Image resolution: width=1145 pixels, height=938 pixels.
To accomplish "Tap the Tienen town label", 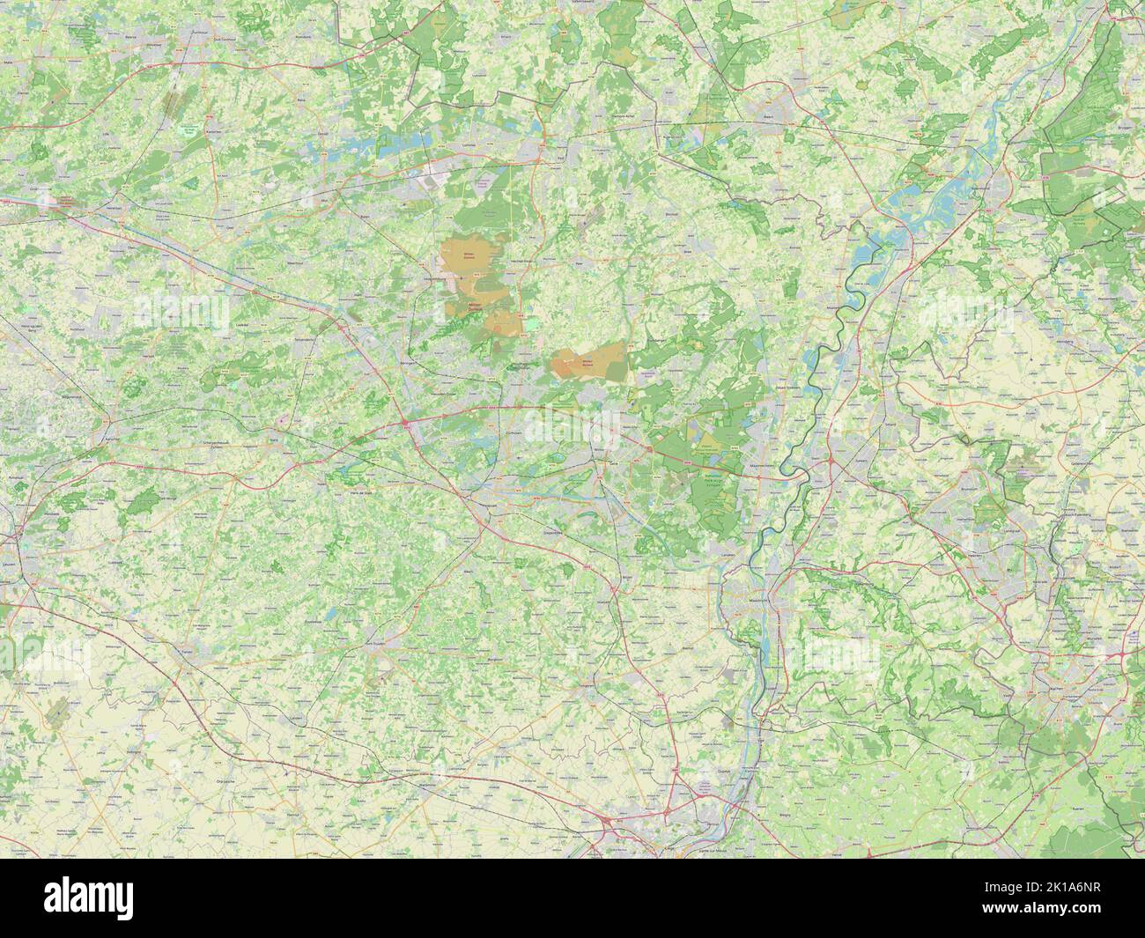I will [186, 653].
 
